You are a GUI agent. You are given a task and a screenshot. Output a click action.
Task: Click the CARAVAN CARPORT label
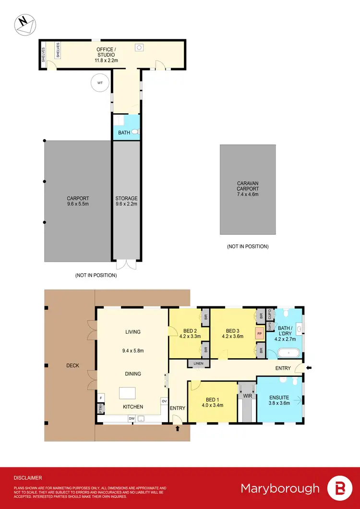pos(248,189)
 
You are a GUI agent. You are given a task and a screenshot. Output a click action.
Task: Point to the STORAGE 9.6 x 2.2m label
pos(126,201)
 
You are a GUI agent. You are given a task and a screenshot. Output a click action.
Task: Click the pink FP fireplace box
pos(260,333)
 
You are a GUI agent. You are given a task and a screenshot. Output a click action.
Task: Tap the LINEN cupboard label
pos(199,364)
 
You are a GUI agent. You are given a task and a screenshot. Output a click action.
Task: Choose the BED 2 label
pos(191,333)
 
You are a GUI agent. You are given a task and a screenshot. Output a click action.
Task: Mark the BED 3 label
pos(233,333)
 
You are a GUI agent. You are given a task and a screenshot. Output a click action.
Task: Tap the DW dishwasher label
pos(131,418)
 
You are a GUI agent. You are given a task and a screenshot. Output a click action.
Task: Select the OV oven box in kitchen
pos(164,401)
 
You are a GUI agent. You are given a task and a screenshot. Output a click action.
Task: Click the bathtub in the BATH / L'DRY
pos(288,353)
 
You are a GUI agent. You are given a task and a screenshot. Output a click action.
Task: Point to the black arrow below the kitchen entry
pos(178,428)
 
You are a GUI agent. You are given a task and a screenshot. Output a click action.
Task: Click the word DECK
pos(72,366)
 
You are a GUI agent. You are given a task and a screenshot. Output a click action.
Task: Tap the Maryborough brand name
pos(280,488)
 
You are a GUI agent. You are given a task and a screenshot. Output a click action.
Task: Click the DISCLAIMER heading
pos(27,478)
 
